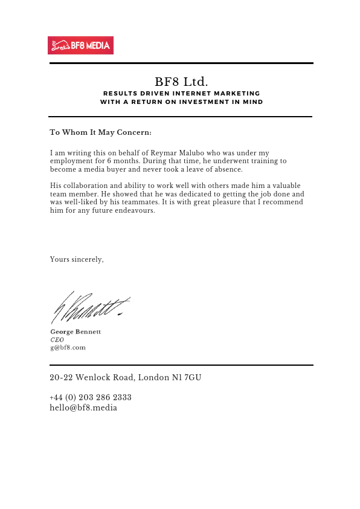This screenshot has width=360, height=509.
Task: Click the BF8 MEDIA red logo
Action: pos(81,45)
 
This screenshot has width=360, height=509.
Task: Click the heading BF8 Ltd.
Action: pos(181,81)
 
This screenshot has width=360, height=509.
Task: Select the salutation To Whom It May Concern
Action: pos(101,132)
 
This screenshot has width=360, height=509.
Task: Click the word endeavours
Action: pos(136,211)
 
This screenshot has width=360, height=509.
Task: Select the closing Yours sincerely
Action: pos(77,259)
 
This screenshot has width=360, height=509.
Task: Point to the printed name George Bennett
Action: pos(76,332)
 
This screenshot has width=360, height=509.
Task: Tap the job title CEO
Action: pos(57,340)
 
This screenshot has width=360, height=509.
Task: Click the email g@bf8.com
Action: pos(68,348)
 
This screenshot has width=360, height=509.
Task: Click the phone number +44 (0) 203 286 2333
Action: pos(91,397)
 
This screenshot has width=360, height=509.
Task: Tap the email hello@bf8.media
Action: pos(83,407)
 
